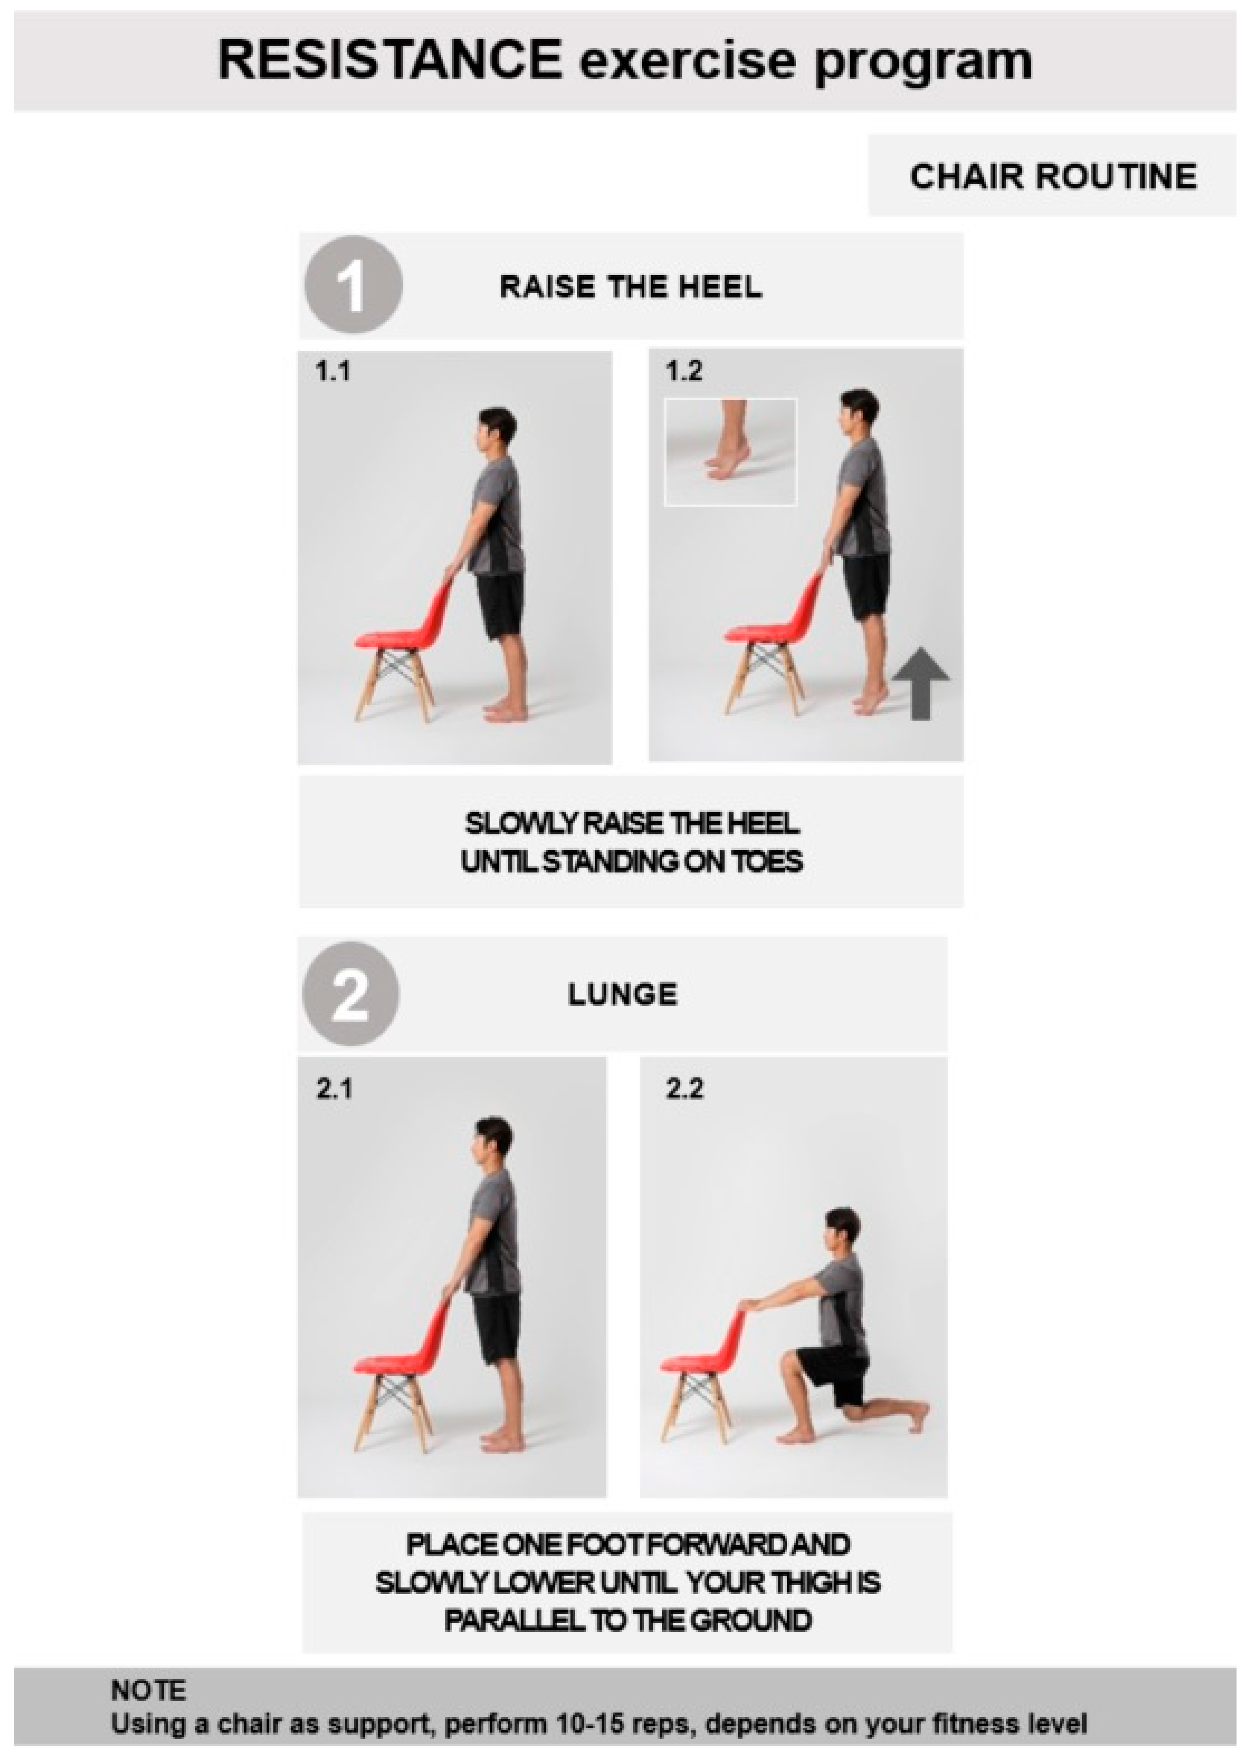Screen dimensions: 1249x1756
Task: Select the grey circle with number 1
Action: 353,284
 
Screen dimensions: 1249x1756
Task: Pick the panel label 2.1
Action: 334,1089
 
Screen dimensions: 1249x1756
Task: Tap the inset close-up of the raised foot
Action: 731,452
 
